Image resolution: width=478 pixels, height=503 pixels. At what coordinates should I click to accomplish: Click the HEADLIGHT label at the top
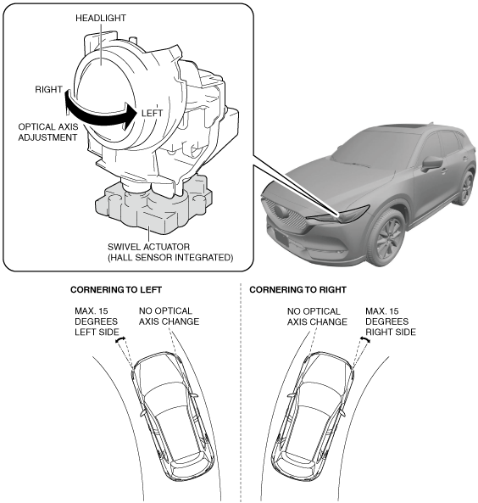pyautogui.click(x=101, y=18)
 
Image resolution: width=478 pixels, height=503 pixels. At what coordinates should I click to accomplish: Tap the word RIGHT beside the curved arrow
pyautogui.click(x=48, y=90)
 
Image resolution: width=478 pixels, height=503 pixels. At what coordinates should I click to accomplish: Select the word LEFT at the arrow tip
pyautogui.click(x=152, y=114)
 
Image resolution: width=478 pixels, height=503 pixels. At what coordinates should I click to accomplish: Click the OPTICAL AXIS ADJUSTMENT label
pyautogui.click(x=47, y=132)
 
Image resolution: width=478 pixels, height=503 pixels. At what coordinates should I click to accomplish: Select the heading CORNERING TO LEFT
pyautogui.click(x=116, y=290)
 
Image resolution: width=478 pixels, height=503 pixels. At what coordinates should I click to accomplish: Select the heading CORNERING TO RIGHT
pyautogui.click(x=297, y=290)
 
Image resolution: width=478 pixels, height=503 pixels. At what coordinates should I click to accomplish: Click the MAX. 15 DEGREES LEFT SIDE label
pyautogui.click(x=97, y=321)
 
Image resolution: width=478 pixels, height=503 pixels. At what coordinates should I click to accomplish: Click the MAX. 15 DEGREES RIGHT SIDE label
pyautogui.click(x=391, y=321)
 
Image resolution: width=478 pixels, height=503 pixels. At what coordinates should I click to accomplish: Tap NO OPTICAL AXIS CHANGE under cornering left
pyautogui.click(x=169, y=316)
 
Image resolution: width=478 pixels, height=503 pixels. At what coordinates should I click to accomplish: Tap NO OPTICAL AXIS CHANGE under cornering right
pyautogui.click(x=317, y=316)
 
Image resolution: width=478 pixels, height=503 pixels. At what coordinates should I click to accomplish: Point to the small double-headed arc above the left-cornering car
pyautogui.click(x=119, y=339)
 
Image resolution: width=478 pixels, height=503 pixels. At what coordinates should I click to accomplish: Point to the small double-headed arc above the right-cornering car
pyautogui.click(x=365, y=339)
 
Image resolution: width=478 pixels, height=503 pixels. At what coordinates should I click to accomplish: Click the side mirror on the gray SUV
pyautogui.click(x=431, y=163)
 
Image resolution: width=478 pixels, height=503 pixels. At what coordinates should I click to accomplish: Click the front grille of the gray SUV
pyautogui.click(x=283, y=215)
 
